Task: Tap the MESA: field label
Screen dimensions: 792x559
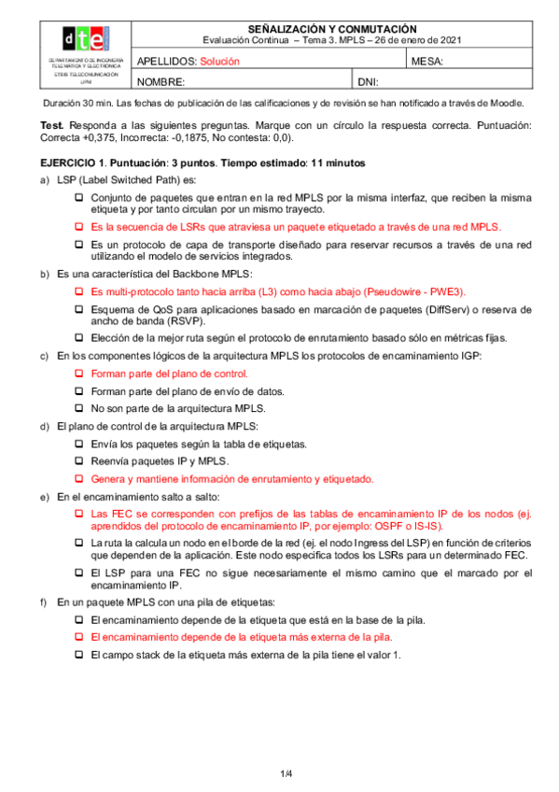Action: click(426, 61)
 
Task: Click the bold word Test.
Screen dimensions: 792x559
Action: click(52, 125)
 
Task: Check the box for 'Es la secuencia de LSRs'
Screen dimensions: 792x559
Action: click(79, 227)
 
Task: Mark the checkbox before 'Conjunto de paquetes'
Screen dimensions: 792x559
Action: click(79, 197)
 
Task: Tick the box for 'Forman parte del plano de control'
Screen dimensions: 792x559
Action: click(79, 373)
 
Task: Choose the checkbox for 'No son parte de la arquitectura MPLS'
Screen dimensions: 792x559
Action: click(79, 408)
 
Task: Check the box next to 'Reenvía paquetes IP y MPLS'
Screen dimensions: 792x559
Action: click(79, 461)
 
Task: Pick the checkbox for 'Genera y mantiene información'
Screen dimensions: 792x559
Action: click(79, 479)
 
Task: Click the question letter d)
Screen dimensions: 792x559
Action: click(46, 426)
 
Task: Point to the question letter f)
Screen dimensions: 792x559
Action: click(46, 602)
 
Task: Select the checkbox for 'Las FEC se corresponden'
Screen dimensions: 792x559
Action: click(79, 514)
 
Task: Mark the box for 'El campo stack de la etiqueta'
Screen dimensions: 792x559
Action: click(79, 656)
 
